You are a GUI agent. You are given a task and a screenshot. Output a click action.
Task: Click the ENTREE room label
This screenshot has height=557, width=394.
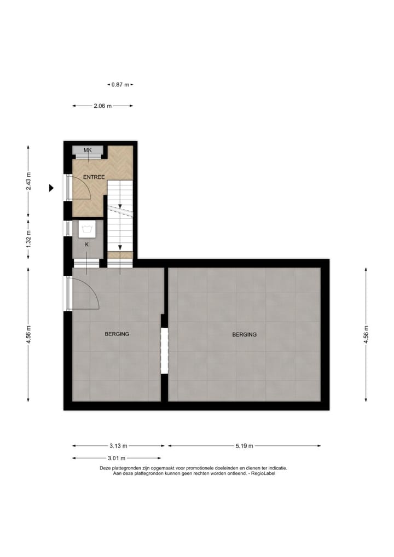pos(94,177)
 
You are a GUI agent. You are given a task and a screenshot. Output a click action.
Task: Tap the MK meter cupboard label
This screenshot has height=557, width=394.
pos(87,150)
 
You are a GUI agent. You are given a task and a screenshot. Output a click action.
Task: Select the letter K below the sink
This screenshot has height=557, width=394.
pos(86,245)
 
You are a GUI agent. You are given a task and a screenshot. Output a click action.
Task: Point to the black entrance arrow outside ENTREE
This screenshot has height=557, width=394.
pos(51,188)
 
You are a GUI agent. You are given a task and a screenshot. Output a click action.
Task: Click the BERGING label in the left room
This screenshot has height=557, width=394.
pos(117,334)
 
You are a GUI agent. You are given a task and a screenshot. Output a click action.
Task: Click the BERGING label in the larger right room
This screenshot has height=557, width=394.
pos(244,334)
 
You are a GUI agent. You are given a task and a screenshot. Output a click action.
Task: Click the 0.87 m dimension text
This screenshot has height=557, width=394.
pos(120,85)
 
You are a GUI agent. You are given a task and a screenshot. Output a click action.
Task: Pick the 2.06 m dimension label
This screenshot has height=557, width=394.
pos(102,106)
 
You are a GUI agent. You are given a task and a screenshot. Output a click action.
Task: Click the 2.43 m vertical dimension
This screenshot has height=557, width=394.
pos(28,181)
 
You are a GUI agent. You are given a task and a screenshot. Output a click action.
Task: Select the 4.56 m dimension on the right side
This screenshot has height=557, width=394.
pos(366,334)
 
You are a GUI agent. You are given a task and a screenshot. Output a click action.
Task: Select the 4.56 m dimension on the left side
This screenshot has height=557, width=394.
pos(28,334)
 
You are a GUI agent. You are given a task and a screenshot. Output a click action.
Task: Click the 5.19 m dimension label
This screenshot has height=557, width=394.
pos(244,446)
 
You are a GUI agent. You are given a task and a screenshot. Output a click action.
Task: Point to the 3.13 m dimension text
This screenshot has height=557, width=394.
pos(118,446)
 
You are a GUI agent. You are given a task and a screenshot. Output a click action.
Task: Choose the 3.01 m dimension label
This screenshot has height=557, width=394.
pos(116,459)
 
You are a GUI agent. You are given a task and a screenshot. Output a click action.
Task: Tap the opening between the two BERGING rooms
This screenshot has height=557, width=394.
pos(164,350)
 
